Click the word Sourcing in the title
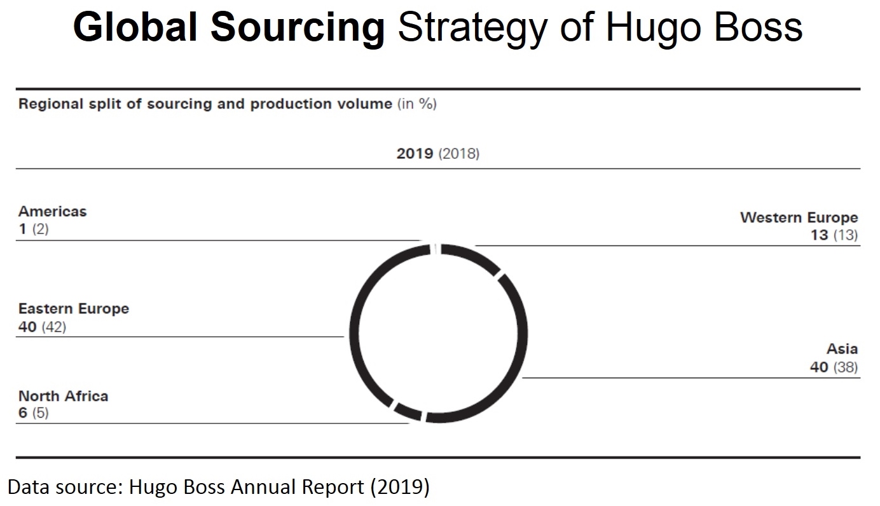tap(297, 29)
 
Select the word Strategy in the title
tap(473, 29)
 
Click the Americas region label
tap(52, 211)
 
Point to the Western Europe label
tap(799, 217)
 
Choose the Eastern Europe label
tap(73, 309)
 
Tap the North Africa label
tap(63, 396)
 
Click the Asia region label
tap(842, 349)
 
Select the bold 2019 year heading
tap(415, 154)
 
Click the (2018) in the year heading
tap(458, 154)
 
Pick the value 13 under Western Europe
tap(819, 235)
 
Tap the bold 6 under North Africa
tap(23, 413)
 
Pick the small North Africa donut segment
tap(408, 411)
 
